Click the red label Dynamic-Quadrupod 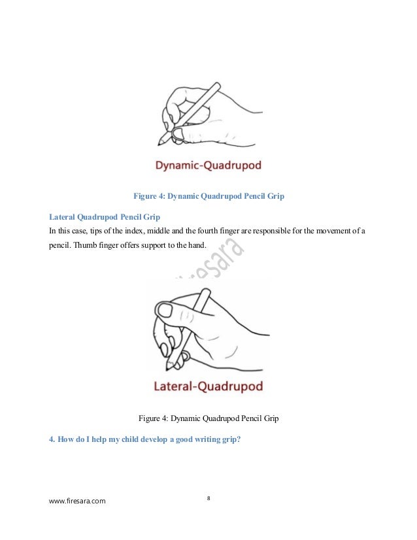[208, 165]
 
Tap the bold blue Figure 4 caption [208, 195]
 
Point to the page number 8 [208, 499]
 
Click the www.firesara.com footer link [78, 501]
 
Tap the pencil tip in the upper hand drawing [159, 143]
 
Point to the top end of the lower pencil [212, 290]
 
